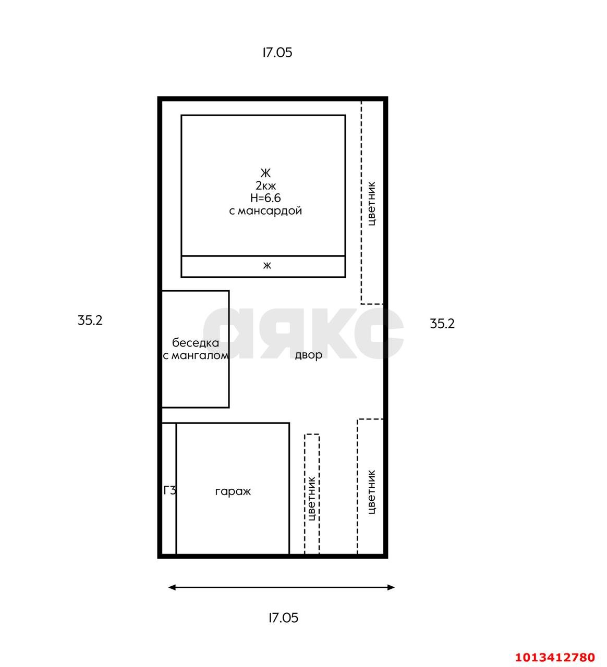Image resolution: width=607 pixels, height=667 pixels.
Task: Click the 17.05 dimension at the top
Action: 277,53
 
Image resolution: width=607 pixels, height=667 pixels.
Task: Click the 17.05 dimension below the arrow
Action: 283,618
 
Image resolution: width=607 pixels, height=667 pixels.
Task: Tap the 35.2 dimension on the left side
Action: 90,320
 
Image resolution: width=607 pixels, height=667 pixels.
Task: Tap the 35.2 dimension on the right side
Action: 442,324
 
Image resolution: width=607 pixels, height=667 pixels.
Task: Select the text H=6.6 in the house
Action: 265,198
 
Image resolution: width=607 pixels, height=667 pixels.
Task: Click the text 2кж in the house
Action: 265,186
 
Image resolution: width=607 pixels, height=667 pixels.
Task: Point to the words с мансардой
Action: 265,211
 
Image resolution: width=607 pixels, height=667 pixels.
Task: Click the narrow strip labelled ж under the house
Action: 263,266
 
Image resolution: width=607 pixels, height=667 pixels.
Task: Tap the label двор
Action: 309,355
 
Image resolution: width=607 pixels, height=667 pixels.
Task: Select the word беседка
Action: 196,343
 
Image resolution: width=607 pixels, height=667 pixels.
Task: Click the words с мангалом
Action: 196,356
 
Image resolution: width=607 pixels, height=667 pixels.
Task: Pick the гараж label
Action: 233,491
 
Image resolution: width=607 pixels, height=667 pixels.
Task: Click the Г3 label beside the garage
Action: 169,490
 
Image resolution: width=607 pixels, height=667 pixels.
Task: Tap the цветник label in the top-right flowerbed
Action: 372,203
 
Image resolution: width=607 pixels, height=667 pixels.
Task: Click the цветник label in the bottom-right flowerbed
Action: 372,492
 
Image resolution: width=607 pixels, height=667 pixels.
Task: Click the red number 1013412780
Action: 555,657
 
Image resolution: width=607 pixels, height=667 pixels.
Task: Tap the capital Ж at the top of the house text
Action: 265,173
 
